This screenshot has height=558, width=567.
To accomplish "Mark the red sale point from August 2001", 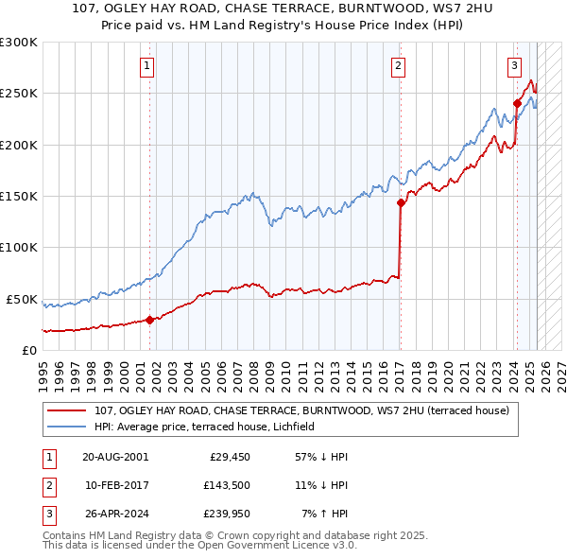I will [x=150, y=320].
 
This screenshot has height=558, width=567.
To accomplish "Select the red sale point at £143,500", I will [x=401, y=202].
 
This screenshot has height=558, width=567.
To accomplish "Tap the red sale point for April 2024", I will [x=518, y=103].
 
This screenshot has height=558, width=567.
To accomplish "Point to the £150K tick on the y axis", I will [x=18, y=196].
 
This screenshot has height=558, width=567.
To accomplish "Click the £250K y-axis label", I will [x=18, y=94].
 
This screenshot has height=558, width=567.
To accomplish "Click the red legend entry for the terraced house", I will [x=302, y=410].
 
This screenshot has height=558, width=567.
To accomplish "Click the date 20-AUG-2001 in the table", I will [x=115, y=456].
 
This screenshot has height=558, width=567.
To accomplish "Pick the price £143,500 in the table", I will [x=229, y=485].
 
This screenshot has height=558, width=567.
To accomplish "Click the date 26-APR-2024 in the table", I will [x=115, y=514].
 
